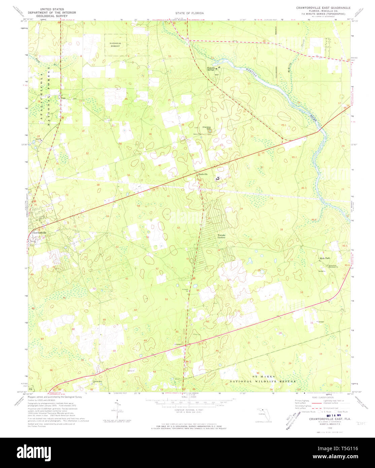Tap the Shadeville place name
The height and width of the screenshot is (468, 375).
pos(203,174)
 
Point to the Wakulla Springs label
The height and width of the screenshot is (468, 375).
pos(211,69)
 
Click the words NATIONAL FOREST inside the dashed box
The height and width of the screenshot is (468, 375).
pos(115,45)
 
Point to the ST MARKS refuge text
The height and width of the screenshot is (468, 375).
pos(264,376)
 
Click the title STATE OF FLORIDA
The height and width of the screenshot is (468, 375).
pos(189,13)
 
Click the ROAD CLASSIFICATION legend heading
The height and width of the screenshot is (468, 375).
pos(322,398)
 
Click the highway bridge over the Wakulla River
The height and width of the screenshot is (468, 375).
pos(321,130)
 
